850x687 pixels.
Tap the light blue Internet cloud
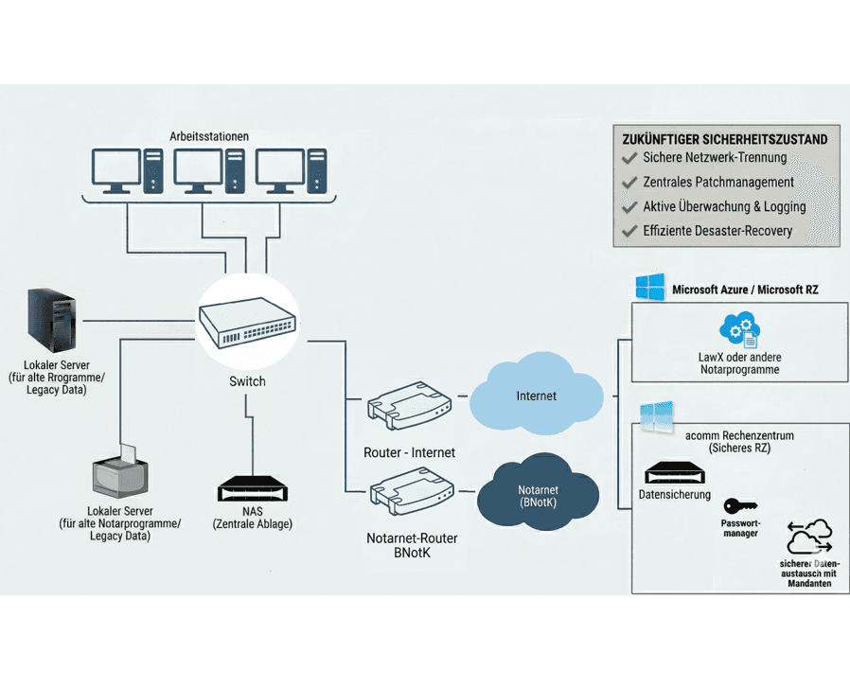[x=535, y=396]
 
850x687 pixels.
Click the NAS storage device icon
[x=251, y=489]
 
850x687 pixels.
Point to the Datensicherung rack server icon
[x=674, y=473]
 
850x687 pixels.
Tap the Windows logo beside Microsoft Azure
[x=650, y=289]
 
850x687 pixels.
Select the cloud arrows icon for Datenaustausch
[x=808, y=540]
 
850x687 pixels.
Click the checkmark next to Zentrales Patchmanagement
[x=629, y=182]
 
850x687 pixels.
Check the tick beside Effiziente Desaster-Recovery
[x=629, y=231]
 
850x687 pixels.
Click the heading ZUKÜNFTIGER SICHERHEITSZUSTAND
[x=724, y=139]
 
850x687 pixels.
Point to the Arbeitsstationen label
[x=209, y=136]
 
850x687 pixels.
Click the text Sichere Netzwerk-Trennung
[x=715, y=158]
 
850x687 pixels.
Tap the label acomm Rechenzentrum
[x=738, y=435]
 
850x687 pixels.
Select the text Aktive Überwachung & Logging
[x=724, y=206]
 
